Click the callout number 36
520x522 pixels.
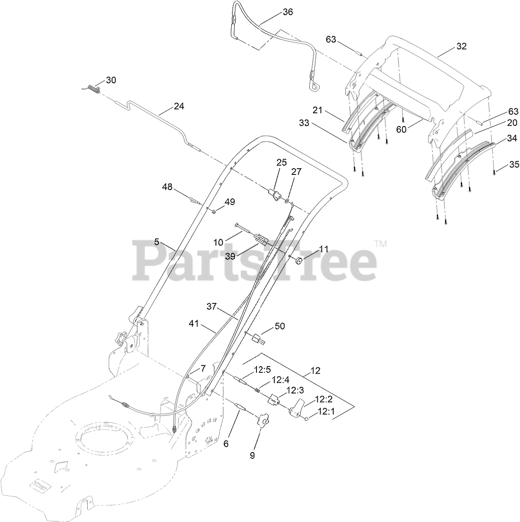click(288, 12)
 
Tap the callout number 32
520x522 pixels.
click(461, 46)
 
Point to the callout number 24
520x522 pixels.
click(179, 106)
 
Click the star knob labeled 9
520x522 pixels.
click(261, 422)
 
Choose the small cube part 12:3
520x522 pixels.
click(274, 400)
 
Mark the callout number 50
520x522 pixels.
click(280, 327)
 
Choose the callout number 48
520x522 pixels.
click(167, 187)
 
